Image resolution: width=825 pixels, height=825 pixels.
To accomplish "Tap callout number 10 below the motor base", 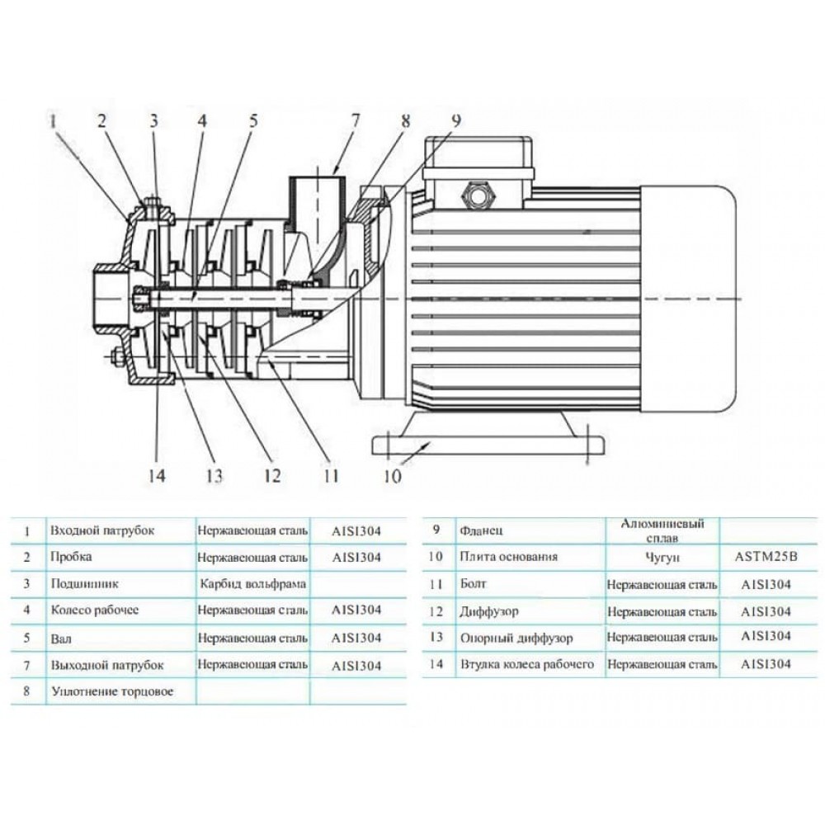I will tap(392, 475).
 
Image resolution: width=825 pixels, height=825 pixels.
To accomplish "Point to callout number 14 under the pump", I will tap(157, 475).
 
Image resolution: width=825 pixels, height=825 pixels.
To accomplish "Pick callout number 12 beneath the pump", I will tap(271, 475).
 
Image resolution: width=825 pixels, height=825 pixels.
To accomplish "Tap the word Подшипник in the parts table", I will tap(84, 584).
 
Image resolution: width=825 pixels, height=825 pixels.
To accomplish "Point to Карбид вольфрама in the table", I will tap(253, 584).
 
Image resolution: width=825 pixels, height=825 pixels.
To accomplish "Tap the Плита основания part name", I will tap(508, 557).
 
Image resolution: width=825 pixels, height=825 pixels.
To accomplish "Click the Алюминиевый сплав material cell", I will tap(655, 530).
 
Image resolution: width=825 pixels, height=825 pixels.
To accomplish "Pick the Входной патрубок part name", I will tap(102, 530).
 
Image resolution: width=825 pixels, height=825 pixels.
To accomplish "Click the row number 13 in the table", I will tap(436, 638).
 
